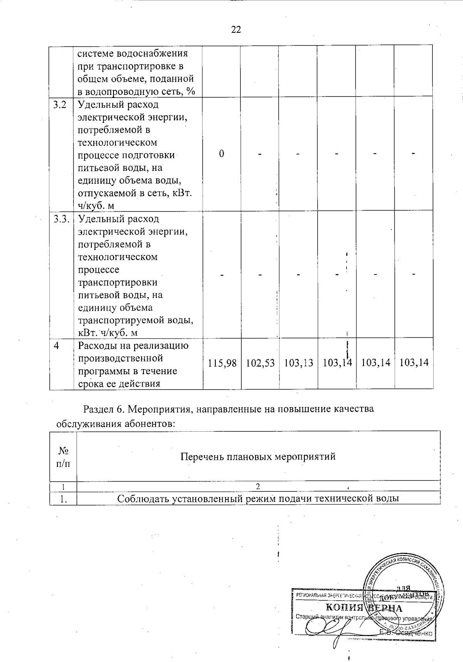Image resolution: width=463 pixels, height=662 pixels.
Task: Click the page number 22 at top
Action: (x=236, y=29)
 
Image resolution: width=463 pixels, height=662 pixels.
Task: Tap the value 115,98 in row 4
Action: (x=222, y=363)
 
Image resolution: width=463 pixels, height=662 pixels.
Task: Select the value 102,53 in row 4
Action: (x=260, y=363)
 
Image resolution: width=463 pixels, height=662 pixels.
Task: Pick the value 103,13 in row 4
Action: (x=298, y=363)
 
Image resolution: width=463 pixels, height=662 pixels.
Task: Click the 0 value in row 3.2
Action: (x=221, y=154)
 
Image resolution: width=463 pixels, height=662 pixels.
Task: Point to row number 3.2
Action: (x=60, y=105)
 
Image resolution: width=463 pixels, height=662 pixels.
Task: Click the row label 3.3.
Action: (x=61, y=219)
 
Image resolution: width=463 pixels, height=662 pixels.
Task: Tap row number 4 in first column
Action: (x=57, y=345)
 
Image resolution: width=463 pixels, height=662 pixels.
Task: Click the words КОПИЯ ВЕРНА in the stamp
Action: (x=364, y=608)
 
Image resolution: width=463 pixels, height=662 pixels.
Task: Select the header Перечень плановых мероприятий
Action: (x=258, y=457)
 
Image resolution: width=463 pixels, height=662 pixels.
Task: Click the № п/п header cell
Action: (x=63, y=457)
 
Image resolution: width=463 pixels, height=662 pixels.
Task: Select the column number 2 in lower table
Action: (x=258, y=486)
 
